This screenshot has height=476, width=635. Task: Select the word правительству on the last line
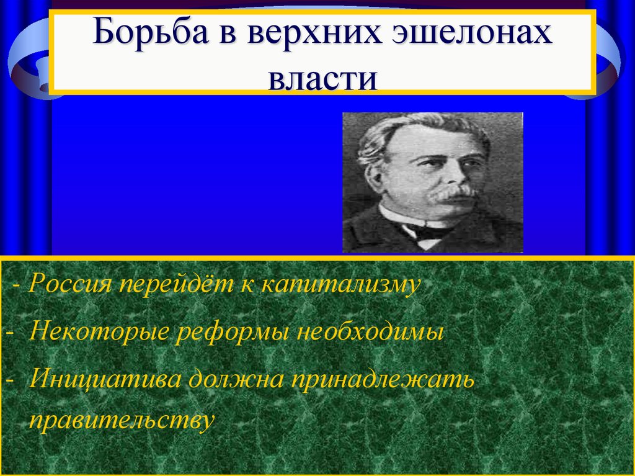122,420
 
